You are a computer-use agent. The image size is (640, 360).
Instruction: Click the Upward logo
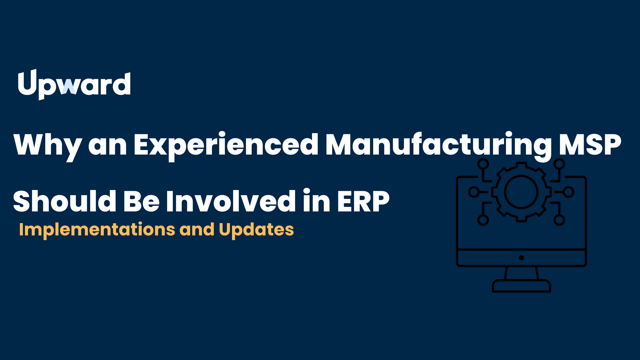[x=74, y=85]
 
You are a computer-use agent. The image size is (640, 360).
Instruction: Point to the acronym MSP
[x=590, y=144]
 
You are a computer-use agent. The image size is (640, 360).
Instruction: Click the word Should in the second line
[x=65, y=201]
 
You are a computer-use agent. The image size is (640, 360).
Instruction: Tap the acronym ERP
[x=363, y=201]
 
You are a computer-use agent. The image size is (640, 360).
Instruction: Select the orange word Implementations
[x=97, y=230]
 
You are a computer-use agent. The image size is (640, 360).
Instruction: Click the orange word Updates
[x=256, y=230]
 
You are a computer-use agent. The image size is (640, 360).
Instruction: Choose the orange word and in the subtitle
[x=197, y=229]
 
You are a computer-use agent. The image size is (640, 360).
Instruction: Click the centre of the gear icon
[x=521, y=192]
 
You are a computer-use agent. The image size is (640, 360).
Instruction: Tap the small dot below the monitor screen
[x=521, y=258]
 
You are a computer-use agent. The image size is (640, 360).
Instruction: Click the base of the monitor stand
[x=521, y=286]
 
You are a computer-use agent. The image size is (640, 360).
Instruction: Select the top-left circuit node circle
[x=483, y=164]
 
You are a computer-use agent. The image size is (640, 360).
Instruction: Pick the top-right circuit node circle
[x=559, y=164]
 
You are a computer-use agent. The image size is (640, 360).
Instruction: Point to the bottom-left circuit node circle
[x=483, y=220]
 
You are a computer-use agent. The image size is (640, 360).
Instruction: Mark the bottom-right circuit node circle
[x=559, y=220]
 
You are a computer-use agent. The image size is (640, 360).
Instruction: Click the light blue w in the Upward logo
[x=69, y=87]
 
